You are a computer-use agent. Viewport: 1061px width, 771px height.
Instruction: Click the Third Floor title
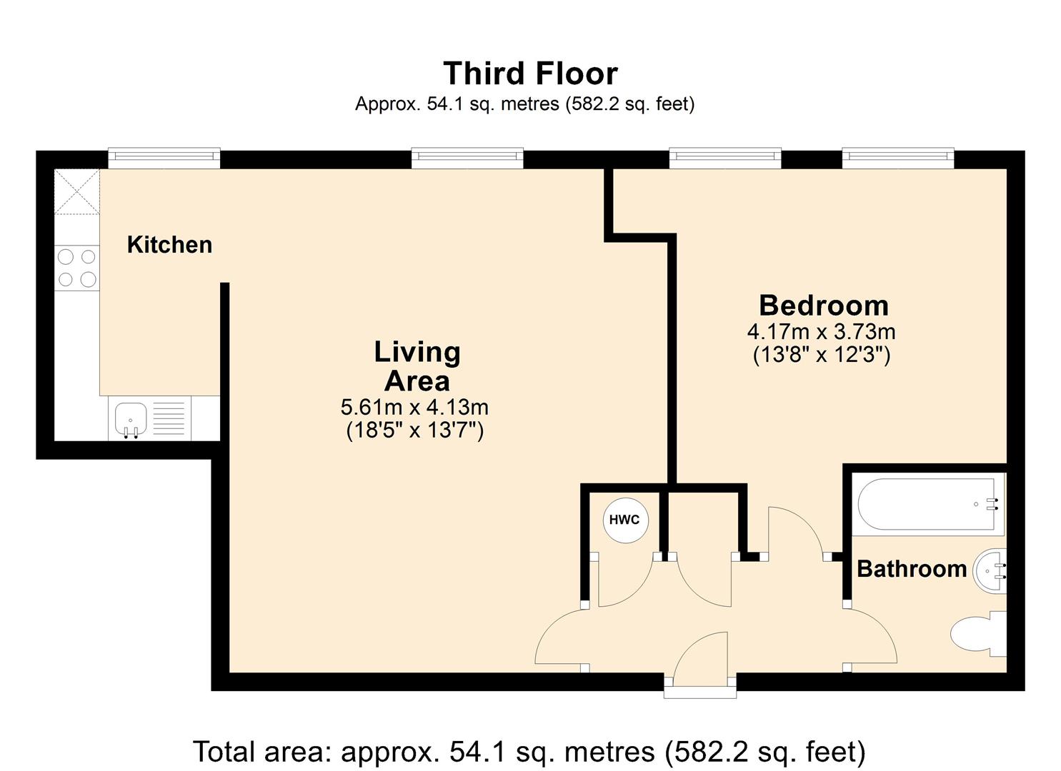[x=530, y=74]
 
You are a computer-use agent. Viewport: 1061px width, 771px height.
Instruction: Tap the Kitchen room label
[x=169, y=245]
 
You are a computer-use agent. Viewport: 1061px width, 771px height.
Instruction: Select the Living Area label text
[x=417, y=366]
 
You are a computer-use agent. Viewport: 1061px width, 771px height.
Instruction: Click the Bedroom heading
[x=823, y=306]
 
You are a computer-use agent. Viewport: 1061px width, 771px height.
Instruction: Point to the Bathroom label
[x=911, y=569]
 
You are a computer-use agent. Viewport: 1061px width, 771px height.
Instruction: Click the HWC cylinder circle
[x=624, y=520]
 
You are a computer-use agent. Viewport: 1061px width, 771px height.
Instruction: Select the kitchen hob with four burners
[x=77, y=268]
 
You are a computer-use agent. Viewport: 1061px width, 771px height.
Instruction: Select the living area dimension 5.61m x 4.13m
[x=414, y=408]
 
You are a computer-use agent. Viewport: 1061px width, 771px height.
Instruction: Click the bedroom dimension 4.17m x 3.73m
[x=822, y=332]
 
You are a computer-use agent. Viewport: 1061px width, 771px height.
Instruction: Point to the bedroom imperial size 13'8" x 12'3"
[x=822, y=355]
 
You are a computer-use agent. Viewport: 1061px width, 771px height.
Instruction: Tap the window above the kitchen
[x=164, y=156]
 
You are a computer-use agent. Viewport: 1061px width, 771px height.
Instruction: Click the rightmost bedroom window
[x=897, y=156]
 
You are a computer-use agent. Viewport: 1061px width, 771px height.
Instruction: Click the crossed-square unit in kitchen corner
[x=77, y=191]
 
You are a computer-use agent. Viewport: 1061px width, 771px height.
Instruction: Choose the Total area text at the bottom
[x=529, y=752]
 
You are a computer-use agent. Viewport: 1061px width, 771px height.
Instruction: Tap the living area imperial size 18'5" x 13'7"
[x=414, y=430]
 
